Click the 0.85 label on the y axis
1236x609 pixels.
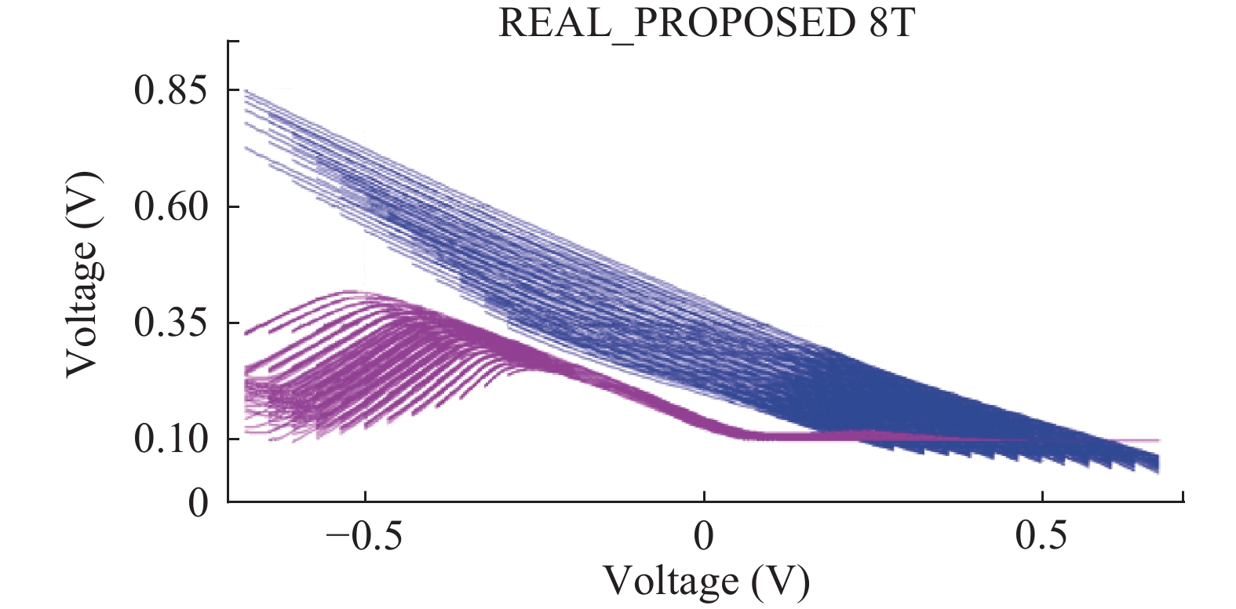click(x=170, y=90)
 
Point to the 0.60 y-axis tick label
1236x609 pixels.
click(x=170, y=206)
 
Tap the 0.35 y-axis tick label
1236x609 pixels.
click(x=170, y=323)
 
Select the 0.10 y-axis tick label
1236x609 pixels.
click(x=170, y=439)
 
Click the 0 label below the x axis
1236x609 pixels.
click(x=704, y=536)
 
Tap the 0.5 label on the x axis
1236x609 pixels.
click(x=1041, y=536)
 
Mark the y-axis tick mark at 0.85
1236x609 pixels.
click(x=233, y=90)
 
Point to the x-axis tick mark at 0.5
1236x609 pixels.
click(x=1042, y=497)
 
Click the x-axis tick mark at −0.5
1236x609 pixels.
click(x=366, y=497)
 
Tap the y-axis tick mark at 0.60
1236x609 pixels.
click(x=233, y=206)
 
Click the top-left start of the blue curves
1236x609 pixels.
click(x=246, y=91)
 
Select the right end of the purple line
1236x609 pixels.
click(x=1158, y=440)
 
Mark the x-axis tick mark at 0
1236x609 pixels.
click(x=704, y=497)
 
